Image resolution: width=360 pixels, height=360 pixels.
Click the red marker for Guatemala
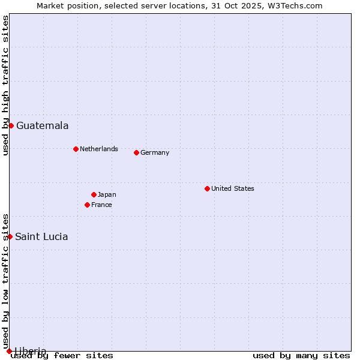point(11,125)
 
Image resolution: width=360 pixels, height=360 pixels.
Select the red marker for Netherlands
point(76,149)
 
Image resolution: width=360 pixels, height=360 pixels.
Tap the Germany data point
point(136,152)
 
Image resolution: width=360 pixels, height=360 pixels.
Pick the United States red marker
point(207,188)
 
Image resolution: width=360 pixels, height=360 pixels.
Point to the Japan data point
point(94,194)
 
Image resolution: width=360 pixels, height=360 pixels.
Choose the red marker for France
point(87,205)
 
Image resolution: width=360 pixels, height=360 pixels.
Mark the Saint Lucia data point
point(10,236)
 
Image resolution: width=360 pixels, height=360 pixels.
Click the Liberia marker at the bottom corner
point(9,351)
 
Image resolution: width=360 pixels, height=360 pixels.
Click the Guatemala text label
point(42,125)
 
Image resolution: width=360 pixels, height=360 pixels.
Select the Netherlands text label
point(98,149)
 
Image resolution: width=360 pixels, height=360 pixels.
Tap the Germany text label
point(155,152)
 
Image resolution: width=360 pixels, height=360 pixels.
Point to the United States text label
point(232,188)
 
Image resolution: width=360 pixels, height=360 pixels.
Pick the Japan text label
point(107,194)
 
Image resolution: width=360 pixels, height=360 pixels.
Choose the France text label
point(101,205)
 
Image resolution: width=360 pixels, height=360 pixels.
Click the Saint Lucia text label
point(41,236)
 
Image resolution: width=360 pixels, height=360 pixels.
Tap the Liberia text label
point(30,351)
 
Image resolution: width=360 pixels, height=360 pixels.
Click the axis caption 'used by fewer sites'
point(62,355)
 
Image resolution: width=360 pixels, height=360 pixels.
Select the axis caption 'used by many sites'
point(301,355)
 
